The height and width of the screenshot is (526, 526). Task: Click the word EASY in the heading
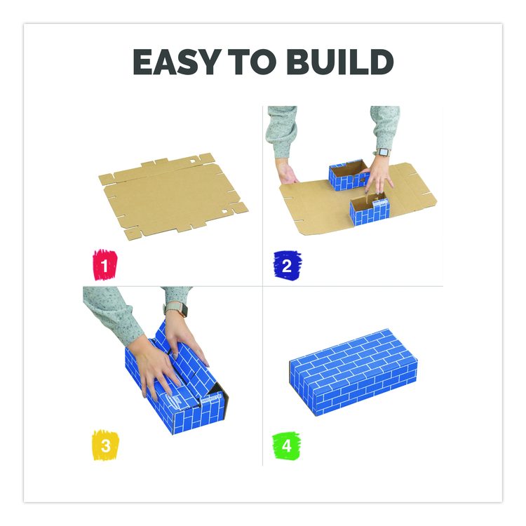(177, 62)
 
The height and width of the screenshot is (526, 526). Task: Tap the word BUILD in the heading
(339, 62)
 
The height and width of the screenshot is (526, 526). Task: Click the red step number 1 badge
(105, 264)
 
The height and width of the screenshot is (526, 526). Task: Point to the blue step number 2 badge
(287, 265)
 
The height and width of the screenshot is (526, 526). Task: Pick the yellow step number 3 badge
(105, 445)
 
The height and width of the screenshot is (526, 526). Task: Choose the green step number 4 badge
(286, 446)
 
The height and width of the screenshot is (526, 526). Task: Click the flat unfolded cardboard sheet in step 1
(173, 197)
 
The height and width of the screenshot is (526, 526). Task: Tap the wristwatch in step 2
(382, 152)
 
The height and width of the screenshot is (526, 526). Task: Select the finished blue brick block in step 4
(353, 372)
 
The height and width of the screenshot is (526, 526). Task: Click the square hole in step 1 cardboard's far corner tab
(193, 161)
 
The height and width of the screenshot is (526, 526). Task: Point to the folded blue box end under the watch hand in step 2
(349, 175)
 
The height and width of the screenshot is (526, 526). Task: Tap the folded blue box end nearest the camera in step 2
(370, 212)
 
